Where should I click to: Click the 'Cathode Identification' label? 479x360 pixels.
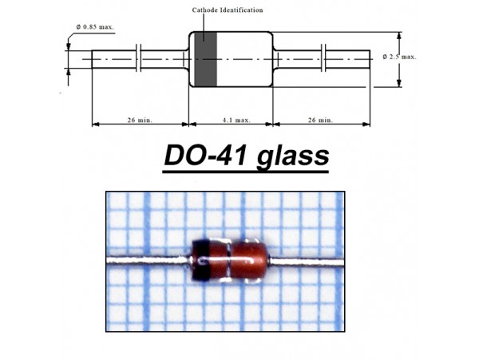tap(228, 10)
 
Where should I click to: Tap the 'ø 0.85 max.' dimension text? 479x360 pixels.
tap(95, 26)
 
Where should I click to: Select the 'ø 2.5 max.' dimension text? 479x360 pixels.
tap(400, 57)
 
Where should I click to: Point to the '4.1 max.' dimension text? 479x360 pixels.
tap(231, 120)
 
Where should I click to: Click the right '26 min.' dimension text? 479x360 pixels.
tap(321, 120)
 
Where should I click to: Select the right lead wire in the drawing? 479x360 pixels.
tap(347, 59)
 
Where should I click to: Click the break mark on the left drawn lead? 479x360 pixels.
tap(141, 59)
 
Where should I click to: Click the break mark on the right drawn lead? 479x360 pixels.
tap(325, 59)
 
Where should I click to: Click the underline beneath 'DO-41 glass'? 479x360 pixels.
tap(246, 169)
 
